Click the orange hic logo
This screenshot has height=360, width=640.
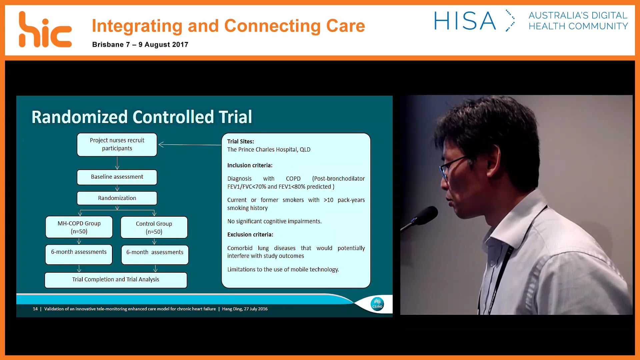[45, 30]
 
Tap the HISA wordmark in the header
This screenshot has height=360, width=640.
[465, 21]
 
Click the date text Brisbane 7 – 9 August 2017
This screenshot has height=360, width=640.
[140, 45]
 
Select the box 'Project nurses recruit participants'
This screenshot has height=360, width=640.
[117, 145]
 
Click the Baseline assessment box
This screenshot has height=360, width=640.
[117, 177]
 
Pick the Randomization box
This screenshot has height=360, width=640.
[117, 198]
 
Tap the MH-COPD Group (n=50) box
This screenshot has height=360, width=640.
[79, 227]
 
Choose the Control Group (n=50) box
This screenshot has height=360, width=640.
[154, 228]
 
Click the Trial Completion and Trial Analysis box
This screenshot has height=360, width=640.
[116, 280]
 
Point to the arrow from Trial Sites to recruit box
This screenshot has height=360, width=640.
[190, 145]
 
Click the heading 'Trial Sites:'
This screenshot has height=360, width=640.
[241, 142]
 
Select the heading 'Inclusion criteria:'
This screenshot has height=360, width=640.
[250, 166]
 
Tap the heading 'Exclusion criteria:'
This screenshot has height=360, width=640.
[250, 235]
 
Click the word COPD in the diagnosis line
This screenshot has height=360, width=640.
[293, 179]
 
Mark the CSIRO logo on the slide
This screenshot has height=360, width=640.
[377, 304]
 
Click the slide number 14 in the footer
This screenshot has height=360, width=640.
[35, 309]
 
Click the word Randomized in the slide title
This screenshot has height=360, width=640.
[80, 117]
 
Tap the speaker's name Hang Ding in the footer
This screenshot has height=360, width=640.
[232, 309]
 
